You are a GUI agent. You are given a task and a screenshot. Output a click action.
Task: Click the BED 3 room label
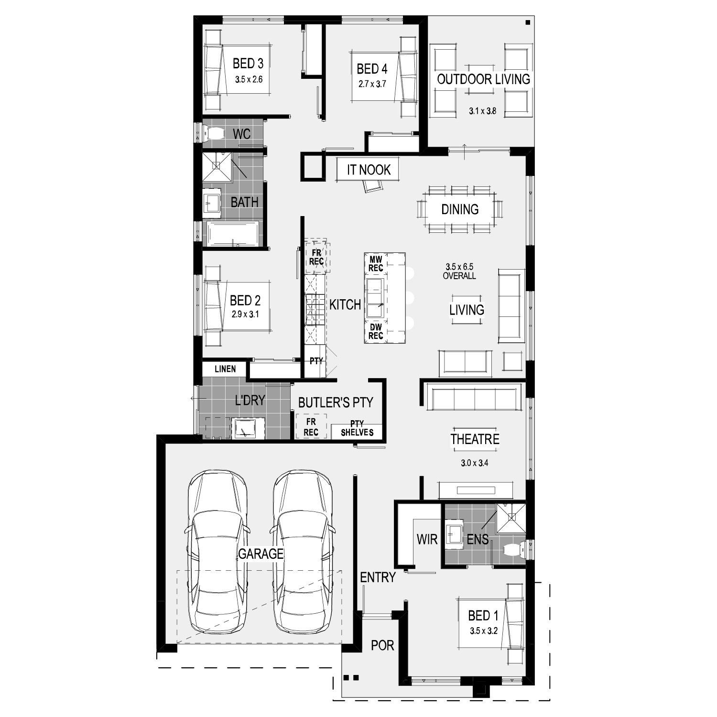tap(248, 63)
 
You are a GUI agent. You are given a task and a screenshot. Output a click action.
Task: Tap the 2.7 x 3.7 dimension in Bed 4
tap(372, 84)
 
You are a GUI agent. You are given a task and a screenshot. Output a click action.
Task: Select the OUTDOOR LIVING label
tap(484, 79)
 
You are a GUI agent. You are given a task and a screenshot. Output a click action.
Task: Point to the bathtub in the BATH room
tap(232, 233)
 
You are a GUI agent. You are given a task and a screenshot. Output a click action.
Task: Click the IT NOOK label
tap(369, 170)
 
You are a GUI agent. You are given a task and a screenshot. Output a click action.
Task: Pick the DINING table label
tap(460, 209)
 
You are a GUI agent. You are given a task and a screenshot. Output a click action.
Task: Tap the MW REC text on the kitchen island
tap(376, 264)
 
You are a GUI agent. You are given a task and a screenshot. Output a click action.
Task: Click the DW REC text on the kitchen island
tap(376, 331)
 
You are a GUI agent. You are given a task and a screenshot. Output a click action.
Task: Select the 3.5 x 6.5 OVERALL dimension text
tap(459, 271)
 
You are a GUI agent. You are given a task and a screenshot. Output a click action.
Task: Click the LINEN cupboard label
tap(225, 369)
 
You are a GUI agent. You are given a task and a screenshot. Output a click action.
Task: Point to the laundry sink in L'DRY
tap(248, 428)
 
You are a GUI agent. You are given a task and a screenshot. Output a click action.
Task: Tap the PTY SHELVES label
tap(357, 428)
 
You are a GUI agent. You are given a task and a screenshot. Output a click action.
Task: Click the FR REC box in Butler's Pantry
tap(311, 427)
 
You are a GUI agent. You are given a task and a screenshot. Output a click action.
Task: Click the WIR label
tap(427, 540)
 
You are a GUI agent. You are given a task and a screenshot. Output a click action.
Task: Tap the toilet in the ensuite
tap(514, 550)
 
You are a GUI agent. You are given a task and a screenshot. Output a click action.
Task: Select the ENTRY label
tap(378, 577)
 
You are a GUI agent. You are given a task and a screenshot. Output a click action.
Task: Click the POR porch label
tap(382, 645)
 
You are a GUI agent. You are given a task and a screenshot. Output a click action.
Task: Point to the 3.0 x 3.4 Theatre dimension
tap(474, 463)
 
